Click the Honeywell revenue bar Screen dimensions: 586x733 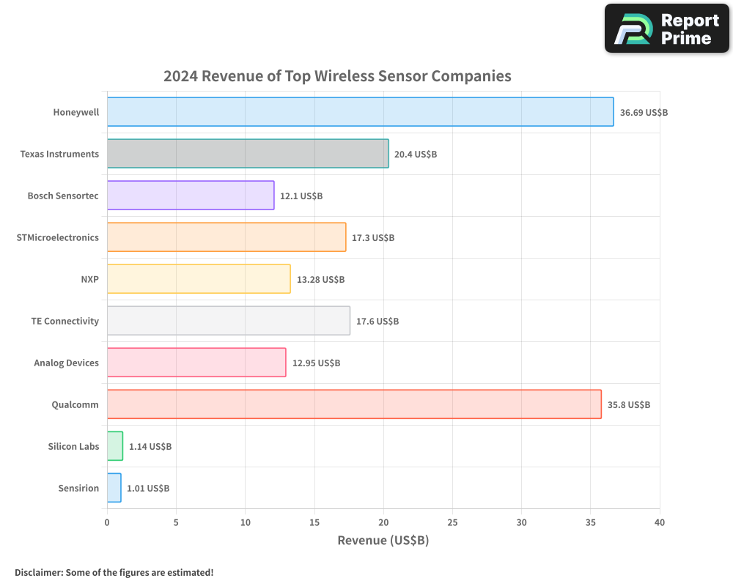360,112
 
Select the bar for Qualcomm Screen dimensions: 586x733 354,404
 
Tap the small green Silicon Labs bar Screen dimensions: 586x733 115,446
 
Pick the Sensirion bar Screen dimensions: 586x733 114,488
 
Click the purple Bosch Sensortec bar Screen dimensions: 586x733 191,196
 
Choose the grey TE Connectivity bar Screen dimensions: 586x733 228,321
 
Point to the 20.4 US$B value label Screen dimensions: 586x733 416,155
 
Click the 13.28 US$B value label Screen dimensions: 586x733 320,280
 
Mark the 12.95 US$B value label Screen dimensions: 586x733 316,363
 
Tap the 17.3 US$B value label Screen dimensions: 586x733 373,238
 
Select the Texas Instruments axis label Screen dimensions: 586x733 59,154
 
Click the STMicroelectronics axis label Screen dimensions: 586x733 57,237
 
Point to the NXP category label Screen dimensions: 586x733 90,279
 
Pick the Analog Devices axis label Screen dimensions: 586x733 66,363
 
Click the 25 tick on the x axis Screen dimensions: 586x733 452,522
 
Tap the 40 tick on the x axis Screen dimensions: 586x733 660,522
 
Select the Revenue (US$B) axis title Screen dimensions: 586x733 383,541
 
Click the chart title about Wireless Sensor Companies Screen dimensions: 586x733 337,76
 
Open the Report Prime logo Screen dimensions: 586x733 667,29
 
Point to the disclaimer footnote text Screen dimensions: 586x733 114,572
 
